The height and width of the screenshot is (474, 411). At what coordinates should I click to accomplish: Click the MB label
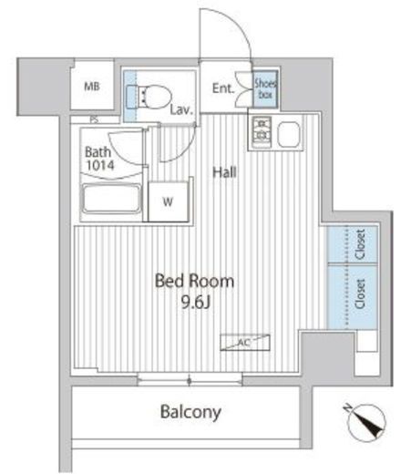92,87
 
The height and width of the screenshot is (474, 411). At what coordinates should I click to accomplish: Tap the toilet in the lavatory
149,96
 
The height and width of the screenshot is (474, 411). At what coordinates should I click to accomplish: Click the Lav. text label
181,109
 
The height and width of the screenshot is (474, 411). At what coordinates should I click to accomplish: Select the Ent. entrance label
223,88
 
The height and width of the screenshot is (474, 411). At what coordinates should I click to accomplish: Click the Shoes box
265,88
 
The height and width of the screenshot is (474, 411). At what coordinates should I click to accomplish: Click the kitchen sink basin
288,134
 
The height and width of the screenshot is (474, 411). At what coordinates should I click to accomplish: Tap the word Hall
224,172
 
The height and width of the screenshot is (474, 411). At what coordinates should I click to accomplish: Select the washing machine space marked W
168,201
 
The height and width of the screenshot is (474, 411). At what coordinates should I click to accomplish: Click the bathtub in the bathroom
111,199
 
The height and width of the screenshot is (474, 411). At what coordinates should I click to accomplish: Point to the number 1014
100,165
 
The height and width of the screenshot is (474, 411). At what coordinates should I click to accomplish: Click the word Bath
98,152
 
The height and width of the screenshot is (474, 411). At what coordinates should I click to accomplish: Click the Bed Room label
194,281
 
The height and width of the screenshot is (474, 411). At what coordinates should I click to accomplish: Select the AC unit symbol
245,343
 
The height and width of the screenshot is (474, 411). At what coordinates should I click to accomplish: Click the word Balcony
190,412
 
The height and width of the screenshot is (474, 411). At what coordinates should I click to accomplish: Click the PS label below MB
95,119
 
